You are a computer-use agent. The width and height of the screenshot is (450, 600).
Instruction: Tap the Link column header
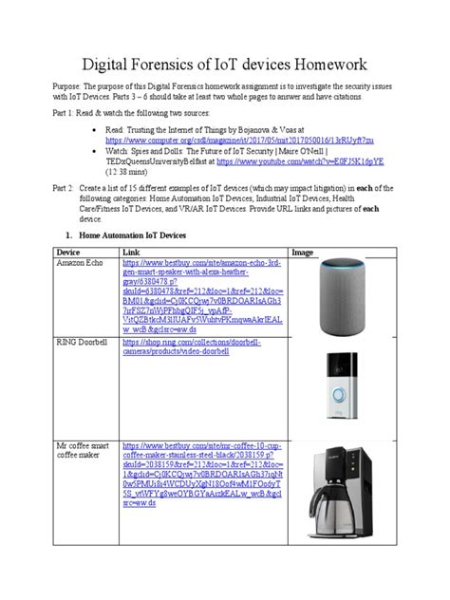(x=129, y=252)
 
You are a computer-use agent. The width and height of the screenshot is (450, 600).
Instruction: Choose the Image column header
(x=302, y=252)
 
